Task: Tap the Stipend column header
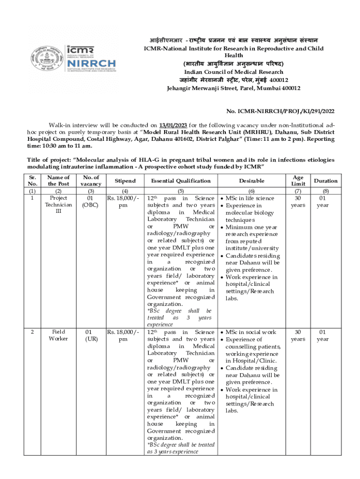pyautogui.click(x=125, y=181)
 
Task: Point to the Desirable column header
pyautogui.click(x=252, y=181)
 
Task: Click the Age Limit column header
pyautogui.click(x=297, y=181)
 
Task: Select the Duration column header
pyautogui.click(x=325, y=181)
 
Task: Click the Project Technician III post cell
pyautogui.click(x=58, y=205)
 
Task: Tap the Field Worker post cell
pyautogui.click(x=58, y=335)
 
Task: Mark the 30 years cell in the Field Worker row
pyautogui.click(x=297, y=335)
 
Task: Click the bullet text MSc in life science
pyautogui.click(x=253, y=198)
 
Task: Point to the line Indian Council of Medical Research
pyautogui.click(x=233, y=72)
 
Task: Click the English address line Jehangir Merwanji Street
pyautogui.click(x=233, y=88)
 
